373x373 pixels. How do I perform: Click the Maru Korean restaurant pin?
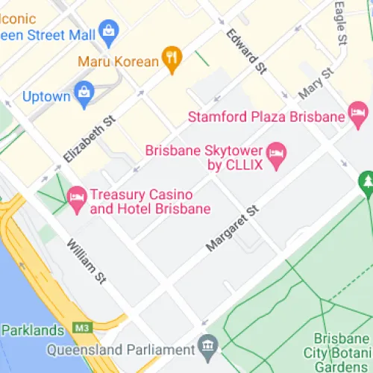[x=172, y=60]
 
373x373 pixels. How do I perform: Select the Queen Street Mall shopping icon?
[x=110, y=31]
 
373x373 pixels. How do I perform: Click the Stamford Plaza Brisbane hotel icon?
[x=359, y=116]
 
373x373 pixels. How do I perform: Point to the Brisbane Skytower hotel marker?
[x=278, y=154]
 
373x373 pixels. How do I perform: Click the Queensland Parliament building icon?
[x=208, y=346]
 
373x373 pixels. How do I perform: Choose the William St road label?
[x=86, y=261]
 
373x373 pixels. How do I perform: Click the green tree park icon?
[x=366, y=181]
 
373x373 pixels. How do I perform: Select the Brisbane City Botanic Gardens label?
[x=337, y=351]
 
